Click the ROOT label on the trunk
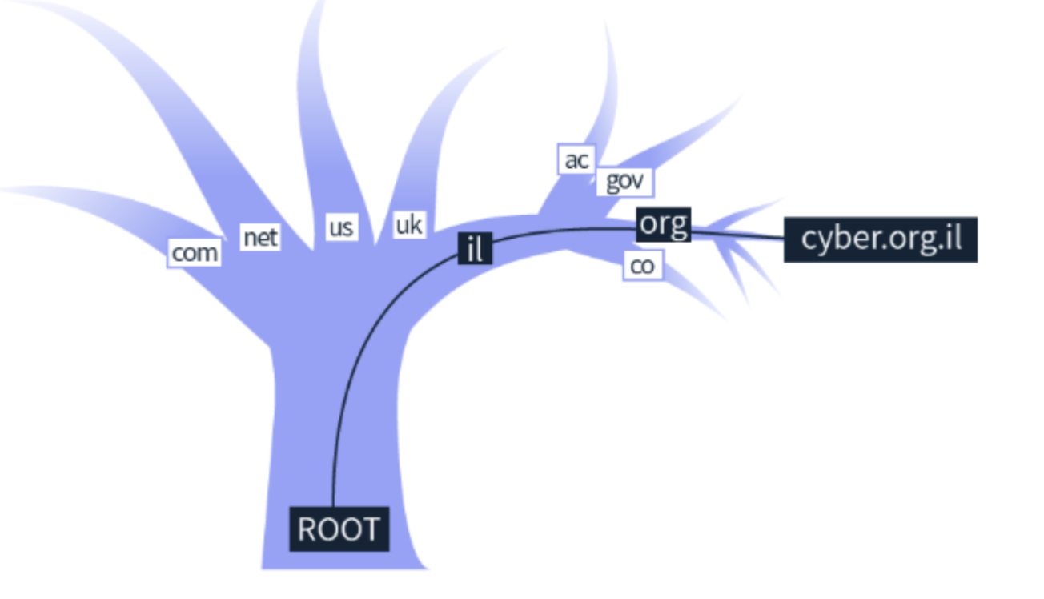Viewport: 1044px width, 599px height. pyautogui.click(x=339, y=529)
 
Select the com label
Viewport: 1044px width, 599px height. pyautogui.click(x=195, y=253)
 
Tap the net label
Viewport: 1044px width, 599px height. pyautogui.click(x=261, y=237)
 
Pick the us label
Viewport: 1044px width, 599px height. pyautogui.click(x=340, y=227)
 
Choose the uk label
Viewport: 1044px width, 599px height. pyautogui.click(x=408, y=224)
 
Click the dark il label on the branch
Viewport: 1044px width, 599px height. pyautogui.click(x=475, y=250)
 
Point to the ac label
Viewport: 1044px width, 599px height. pyautogui.click(x=576, y=159)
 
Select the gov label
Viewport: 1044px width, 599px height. pyautogui.click(x=624, y=181)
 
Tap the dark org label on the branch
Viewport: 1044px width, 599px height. pyautogui.click(x=664, y=224)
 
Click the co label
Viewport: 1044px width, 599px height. pyautogui.click(x=642, y=266)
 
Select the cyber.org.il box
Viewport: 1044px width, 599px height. pyautogui.click(x=880, y=239)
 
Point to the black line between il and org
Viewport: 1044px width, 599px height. pyautogui.click(x=560, y=231)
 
